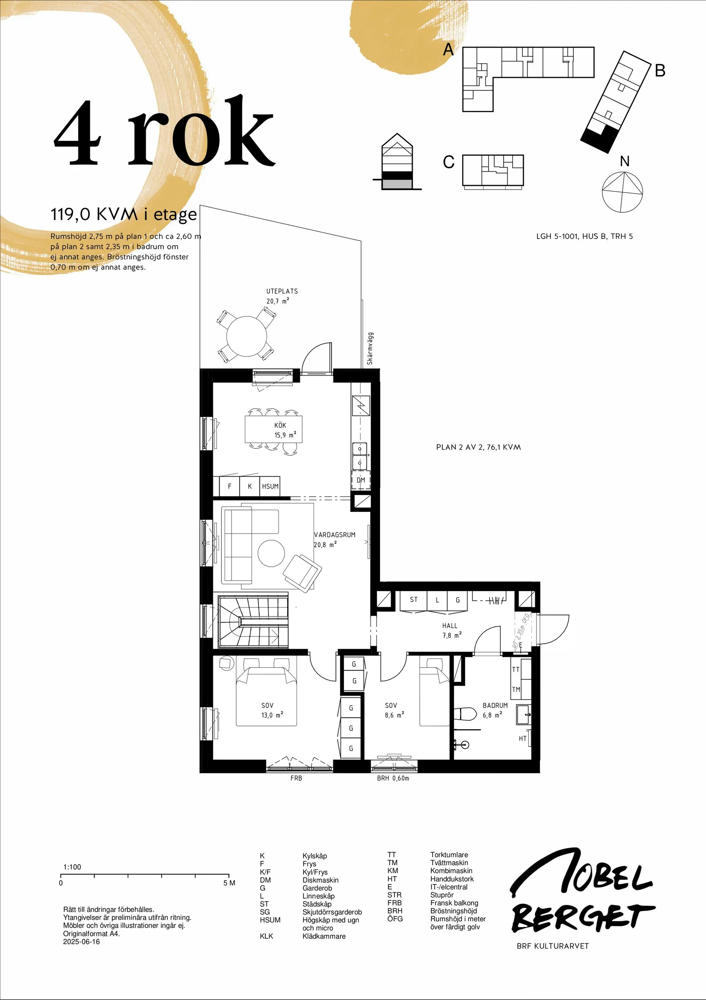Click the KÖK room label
280,426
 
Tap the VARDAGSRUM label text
335,535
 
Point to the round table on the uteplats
247,336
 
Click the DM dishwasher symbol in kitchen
361,481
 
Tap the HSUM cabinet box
270,487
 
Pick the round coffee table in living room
271,554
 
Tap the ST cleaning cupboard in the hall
413,600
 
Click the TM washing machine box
516,690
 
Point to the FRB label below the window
296,778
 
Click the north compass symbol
623,192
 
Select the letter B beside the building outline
660,71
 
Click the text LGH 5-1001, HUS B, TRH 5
584,236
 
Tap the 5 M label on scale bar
229,883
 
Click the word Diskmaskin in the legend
320,880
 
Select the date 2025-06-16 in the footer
81,942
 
